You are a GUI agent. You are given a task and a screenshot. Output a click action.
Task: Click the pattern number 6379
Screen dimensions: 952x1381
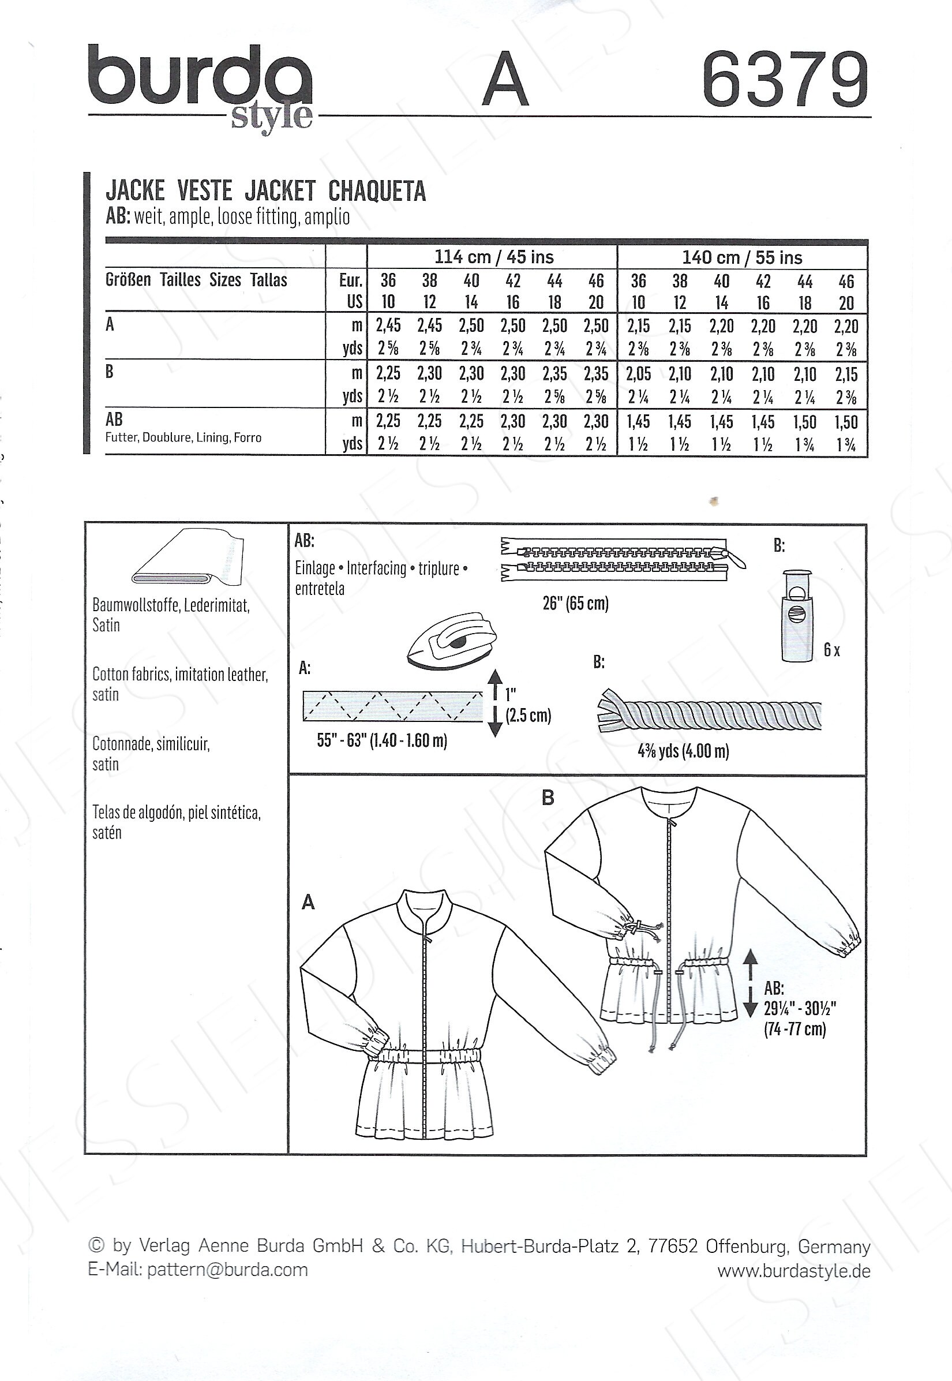point(785,78)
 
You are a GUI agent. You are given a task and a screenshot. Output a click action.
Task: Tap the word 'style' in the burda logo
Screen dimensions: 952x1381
point(271,117)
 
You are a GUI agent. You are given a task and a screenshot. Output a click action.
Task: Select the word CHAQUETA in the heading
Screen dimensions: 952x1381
point(377,191)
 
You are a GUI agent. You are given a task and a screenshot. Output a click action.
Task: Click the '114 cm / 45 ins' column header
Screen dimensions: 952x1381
point(494,257)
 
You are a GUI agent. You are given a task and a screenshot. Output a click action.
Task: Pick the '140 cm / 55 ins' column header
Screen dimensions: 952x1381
point(742,258)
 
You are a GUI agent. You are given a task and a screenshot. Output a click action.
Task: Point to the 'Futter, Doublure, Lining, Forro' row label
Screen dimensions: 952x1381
point(183,437)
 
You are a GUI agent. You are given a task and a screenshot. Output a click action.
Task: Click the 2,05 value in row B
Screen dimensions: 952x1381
point(638,374)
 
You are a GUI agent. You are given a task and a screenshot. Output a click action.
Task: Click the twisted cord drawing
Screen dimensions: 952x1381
point(709,712)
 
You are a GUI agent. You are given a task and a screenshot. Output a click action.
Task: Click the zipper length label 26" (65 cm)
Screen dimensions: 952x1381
point(576,604)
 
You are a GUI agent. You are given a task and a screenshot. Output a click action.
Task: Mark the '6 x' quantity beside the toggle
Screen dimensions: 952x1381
point(831,650)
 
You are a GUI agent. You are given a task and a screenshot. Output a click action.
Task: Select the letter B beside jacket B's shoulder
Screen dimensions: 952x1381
point(548,798)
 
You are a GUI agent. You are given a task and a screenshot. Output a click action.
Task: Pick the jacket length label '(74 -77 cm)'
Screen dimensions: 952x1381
point(795,1029)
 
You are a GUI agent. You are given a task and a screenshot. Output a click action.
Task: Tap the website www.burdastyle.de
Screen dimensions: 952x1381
point(794,1271)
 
